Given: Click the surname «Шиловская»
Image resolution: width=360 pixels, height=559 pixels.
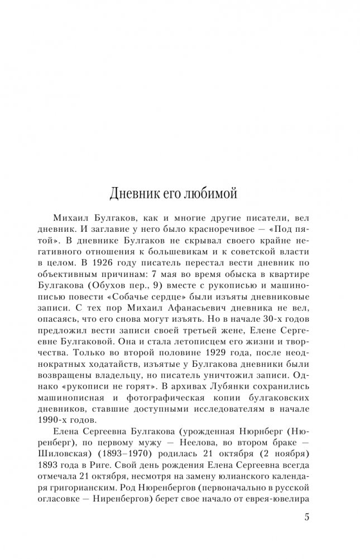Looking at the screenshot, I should [x=79, y=466].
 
